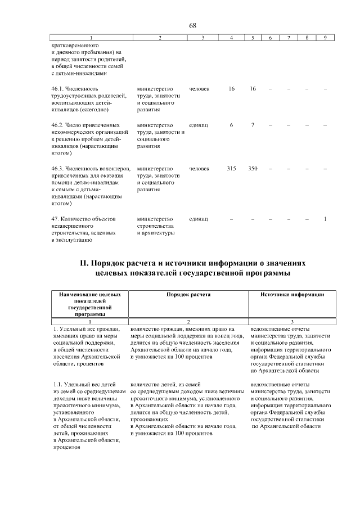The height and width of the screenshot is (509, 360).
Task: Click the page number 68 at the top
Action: point(192,26)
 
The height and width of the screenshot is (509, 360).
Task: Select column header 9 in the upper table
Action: point(325,38)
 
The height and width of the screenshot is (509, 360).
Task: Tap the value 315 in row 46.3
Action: point(231,169)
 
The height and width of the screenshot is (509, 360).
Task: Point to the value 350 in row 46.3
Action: point(253,169)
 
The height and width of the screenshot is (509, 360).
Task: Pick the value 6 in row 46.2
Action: point(231,125)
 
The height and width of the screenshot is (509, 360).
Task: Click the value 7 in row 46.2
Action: point(253,125)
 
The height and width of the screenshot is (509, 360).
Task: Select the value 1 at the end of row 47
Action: point(325,218)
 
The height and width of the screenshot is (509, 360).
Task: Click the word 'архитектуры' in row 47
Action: point(155,233)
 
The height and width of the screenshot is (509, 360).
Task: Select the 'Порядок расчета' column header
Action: point(188,294)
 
